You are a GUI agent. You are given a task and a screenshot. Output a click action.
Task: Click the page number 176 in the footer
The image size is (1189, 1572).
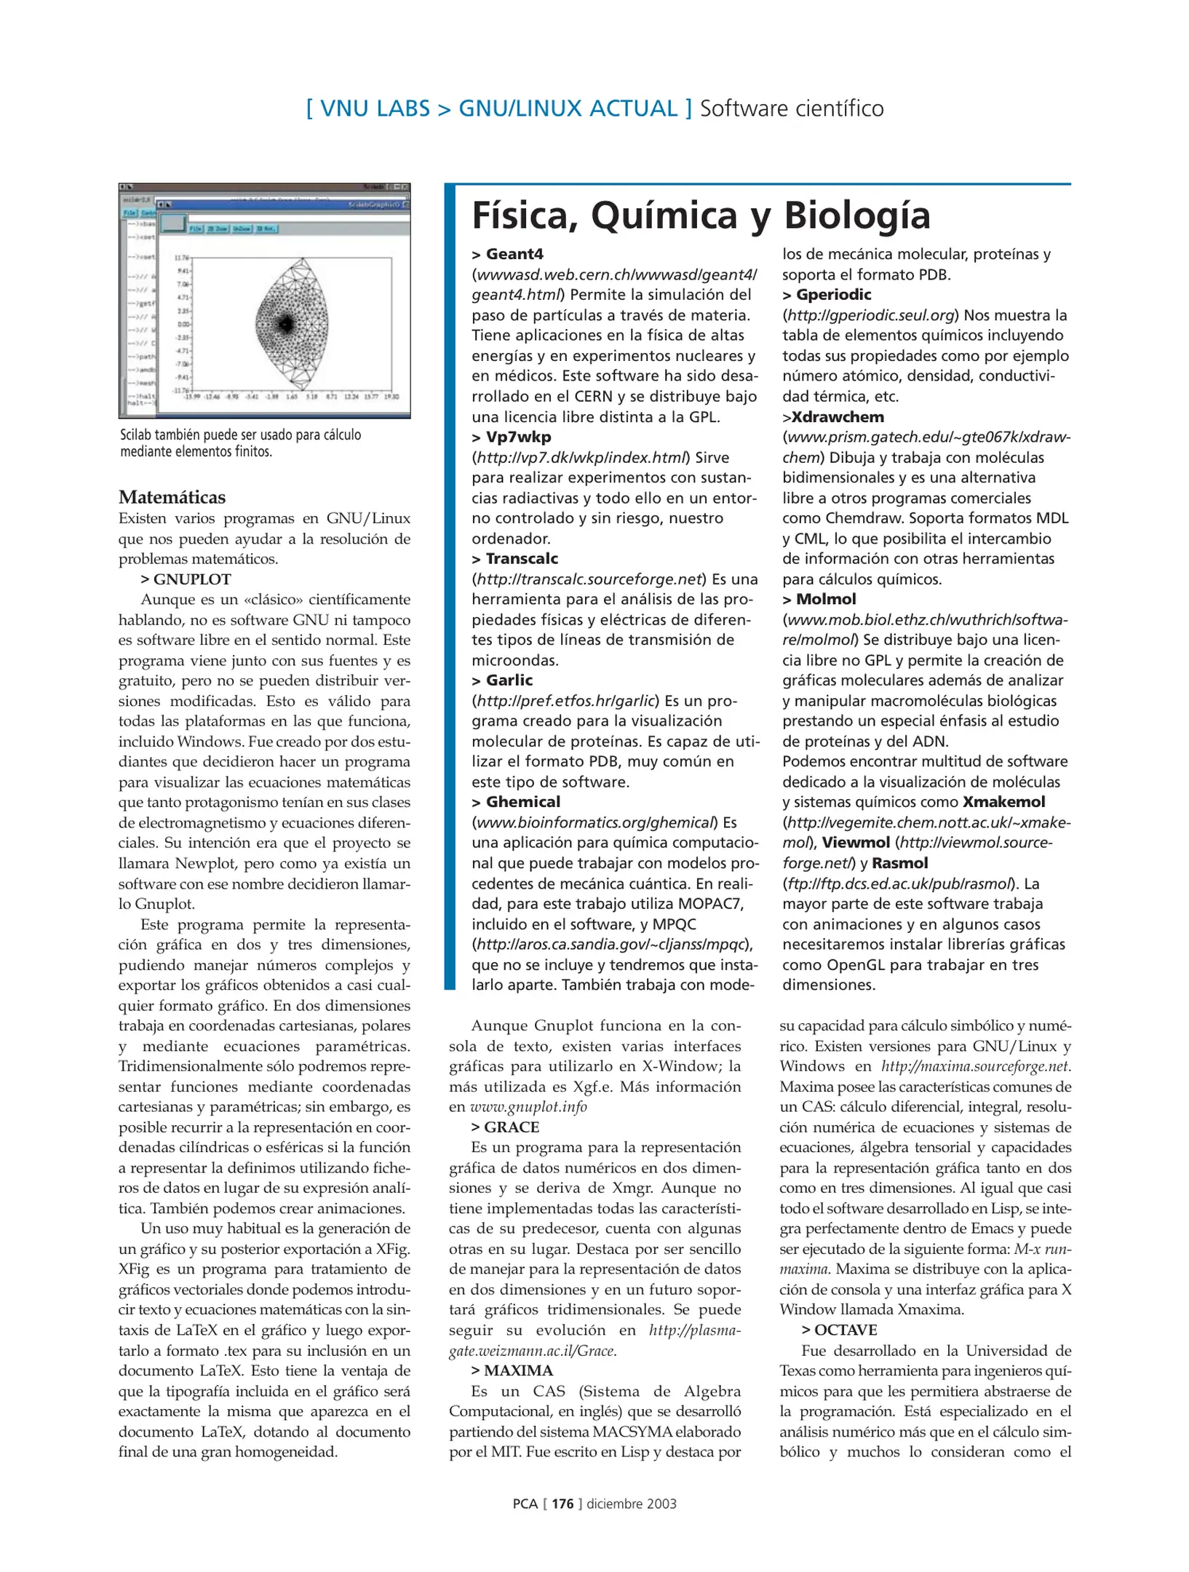pos(562,1503)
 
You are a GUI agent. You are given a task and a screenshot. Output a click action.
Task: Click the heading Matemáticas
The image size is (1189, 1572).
pos(172,497)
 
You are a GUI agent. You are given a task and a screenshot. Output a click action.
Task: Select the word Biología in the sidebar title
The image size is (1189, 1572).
pos(856,215)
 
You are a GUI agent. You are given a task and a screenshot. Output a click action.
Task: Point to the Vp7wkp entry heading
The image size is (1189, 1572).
pos(517,437)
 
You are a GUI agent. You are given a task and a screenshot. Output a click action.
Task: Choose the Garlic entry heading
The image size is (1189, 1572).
pos(509,680)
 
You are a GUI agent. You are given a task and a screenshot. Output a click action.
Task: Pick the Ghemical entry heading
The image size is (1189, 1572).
pos(522,801)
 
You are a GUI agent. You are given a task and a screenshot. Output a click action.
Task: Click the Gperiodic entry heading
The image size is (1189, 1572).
pos(832,295)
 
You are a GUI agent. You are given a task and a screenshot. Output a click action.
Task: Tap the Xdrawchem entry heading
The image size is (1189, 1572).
pos(837,417)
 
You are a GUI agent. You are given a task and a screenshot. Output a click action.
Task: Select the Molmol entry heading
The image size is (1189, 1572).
pos(825,599)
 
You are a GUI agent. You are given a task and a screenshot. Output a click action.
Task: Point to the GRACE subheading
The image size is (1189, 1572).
pos(511,1127)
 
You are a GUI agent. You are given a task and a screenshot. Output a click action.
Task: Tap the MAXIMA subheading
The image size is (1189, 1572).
pos(517,1370)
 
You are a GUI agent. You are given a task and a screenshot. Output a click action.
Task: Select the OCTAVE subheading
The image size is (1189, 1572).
pos(845,1330)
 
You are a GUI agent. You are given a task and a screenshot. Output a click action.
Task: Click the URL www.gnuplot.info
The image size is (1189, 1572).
pos(528,1107)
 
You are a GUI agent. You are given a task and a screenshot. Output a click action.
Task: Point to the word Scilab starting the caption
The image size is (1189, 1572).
pos(135,435)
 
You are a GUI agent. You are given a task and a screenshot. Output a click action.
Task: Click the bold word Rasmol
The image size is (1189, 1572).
pos(899,863)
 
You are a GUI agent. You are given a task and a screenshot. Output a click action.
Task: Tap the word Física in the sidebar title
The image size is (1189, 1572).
pos(525,215)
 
